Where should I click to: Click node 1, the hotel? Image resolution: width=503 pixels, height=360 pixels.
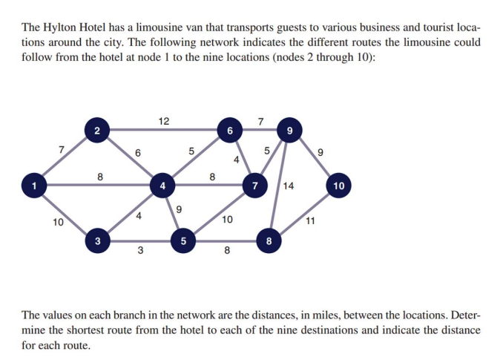(x=34, y=186)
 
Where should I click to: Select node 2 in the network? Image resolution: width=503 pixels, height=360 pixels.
(x=97, y=130)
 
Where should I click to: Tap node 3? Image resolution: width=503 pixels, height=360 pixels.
(x=98, y=240)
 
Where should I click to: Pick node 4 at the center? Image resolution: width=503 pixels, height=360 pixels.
(x=162, y=186)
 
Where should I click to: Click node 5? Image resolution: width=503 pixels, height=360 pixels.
(x=183, y=240)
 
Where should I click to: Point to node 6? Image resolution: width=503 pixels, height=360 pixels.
(x=230, y=130)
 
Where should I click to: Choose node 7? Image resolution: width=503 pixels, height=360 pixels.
(x=255, y=186)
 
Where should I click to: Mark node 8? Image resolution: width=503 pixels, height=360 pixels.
(x=269, y=240)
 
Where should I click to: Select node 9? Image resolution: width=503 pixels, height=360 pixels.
(x=289, y=130)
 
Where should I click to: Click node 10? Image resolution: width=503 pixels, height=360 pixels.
(x=338, y=186)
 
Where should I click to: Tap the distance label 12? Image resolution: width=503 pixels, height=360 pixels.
(x=164, y=121)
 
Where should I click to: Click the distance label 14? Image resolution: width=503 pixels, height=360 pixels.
(x=288, y=186)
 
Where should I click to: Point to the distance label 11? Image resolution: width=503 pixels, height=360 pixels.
(x=310, y=220)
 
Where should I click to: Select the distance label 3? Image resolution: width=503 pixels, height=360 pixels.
(x=140, y=250)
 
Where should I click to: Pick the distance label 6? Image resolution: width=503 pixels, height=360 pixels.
(x=137, y=153)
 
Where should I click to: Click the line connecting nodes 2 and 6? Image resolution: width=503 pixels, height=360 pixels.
(x=163, y=130)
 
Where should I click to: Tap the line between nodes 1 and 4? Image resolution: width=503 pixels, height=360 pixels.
(x=98, y=185)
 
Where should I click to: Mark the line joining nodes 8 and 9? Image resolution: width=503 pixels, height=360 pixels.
(x=279, y=186)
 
